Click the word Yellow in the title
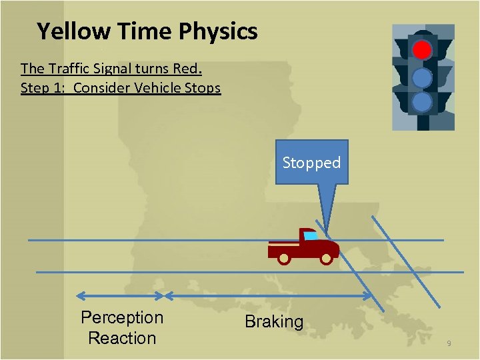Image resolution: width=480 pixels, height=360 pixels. tap(74, 31)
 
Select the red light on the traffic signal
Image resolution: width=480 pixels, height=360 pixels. tap(422, 50)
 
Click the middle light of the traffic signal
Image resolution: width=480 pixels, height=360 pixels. tap(422, 78)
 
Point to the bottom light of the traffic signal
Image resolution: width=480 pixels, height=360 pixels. tap(422, 102)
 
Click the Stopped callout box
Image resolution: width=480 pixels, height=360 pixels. tap(311, 162)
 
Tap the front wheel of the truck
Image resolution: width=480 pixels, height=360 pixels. tap(326, 258)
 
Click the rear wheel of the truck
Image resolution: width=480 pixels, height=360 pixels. tap(284, 258)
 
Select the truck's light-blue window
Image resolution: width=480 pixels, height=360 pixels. tap(310, 235)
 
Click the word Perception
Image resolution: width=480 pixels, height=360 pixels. tap(122, 317)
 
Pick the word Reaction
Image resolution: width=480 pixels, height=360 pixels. tap(122, 338)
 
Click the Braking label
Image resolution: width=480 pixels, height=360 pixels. tap(274, 322)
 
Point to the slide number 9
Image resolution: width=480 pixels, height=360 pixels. tap(449, 343)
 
